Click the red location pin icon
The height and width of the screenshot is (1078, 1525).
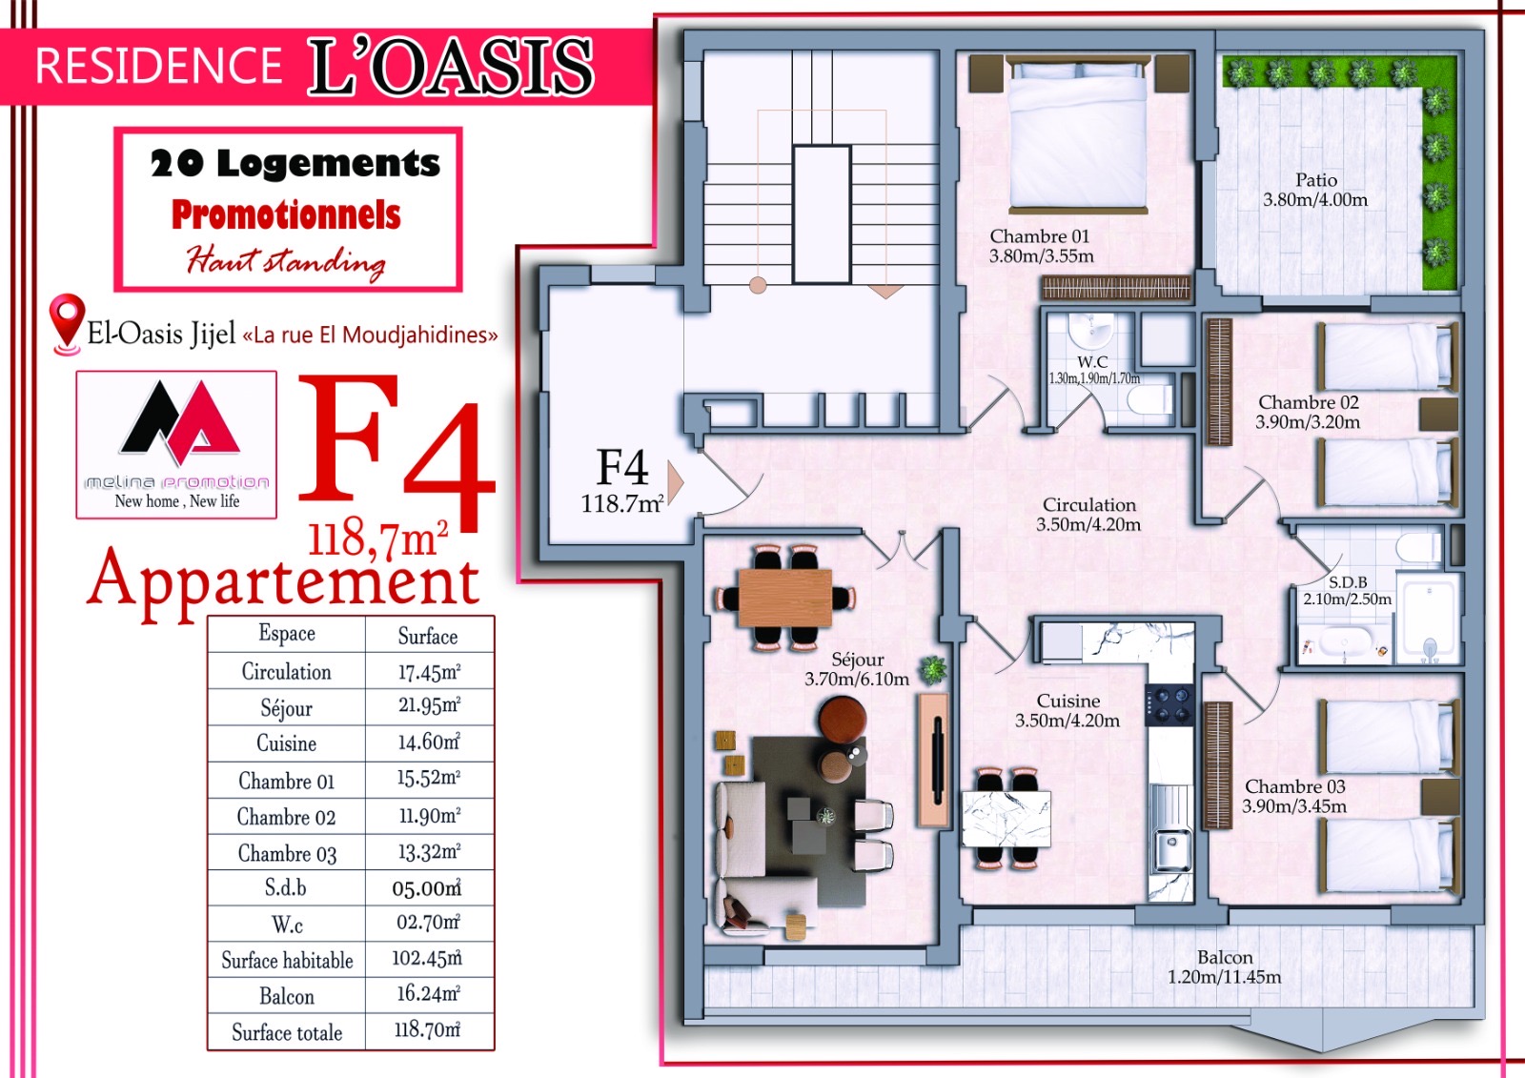[67, 323]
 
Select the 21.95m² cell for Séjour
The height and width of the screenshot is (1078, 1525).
[429, 705]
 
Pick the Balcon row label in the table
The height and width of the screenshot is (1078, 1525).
[287, 996]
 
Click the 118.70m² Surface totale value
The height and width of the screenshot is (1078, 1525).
[428, 1029]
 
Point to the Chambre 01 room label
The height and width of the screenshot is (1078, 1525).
[1041, 246]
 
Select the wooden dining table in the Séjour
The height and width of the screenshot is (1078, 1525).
[785, 598]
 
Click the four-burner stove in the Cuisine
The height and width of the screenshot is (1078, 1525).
[1169, 704]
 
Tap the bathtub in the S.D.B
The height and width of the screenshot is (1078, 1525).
[1344, 642]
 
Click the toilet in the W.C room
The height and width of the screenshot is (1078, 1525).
[1149, 399]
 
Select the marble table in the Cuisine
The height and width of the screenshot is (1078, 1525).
[1006, 819]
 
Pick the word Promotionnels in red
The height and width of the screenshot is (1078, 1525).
[286, 215]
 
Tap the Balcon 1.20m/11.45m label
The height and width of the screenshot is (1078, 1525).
[1224, 967]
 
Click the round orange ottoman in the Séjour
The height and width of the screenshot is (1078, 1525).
[843, 719]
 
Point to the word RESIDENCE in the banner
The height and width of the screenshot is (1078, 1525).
[158, 66]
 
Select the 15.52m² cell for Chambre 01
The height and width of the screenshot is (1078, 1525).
[429, 779]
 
